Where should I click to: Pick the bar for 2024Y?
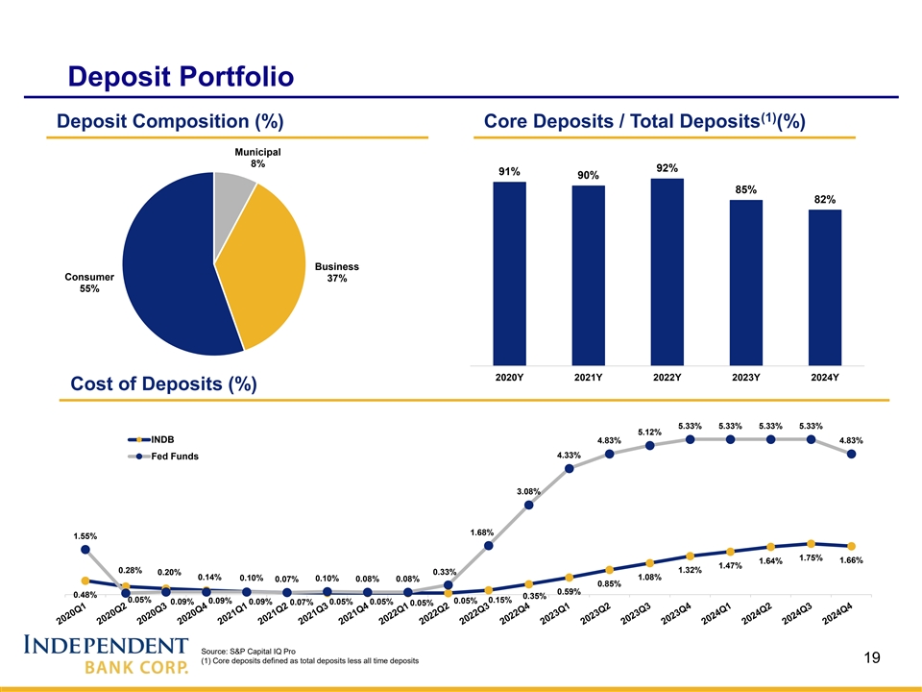tap(825, 287)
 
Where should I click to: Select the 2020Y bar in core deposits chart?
tap(509, 274)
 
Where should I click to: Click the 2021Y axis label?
tap(588, 378)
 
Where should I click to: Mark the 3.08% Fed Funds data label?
tap(529, 491)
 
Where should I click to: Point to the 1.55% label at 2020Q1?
tap(85, 535)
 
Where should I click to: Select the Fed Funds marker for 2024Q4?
tap(852, 454)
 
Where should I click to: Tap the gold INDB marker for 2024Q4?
tap(852, 546)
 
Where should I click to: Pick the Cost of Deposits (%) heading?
tap(163, 384)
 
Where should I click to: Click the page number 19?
tap(872, 657)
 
